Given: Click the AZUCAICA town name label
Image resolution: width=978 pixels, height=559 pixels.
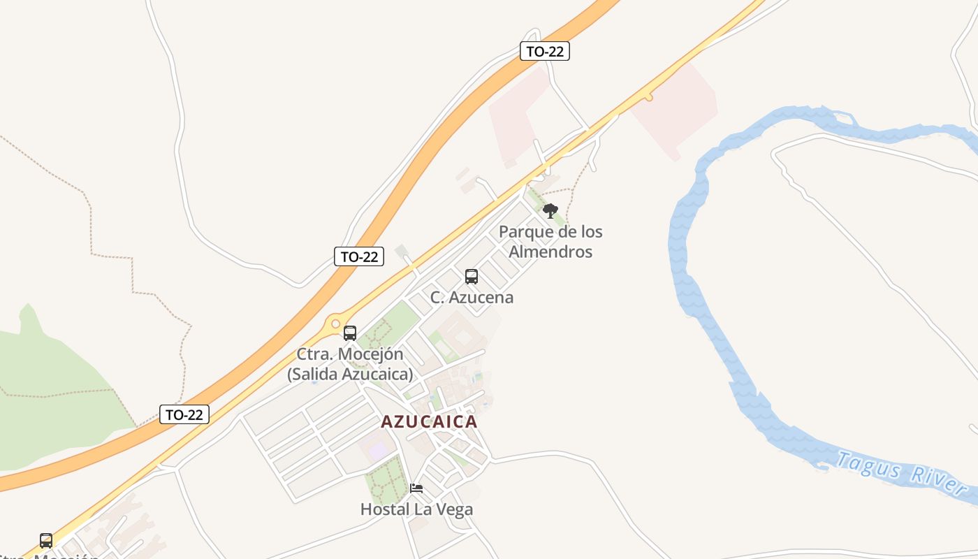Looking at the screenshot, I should click(429, 422).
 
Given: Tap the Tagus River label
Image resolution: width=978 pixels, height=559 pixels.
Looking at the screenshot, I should click(900, 474).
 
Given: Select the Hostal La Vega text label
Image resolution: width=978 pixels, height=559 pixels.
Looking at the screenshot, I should click(416, 509).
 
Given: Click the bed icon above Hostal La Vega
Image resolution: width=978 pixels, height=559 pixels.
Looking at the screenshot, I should click(416, 488).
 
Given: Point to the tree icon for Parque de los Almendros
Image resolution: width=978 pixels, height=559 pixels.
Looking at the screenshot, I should click(550, 210).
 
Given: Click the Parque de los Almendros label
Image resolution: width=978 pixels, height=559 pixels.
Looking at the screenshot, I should click(550, 241).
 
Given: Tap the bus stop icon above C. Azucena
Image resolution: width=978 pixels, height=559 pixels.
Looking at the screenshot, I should click(472, 276).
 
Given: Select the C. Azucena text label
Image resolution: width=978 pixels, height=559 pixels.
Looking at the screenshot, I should click(472, 297).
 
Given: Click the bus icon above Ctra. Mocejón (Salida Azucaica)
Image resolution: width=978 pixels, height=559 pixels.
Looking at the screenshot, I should click(350, 333).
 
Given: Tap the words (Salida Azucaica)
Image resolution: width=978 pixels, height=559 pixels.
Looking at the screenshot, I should click(350, 374).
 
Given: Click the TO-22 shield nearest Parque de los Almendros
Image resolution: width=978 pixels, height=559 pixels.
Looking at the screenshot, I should click(545, 51).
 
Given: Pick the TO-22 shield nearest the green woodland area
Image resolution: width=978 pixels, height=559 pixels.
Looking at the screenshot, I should click(184, 414).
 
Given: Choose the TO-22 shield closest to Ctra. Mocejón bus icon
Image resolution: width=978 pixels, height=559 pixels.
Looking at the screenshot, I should click(359, 256).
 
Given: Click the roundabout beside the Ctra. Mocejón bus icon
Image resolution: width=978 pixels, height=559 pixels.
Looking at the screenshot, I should click(335, 324).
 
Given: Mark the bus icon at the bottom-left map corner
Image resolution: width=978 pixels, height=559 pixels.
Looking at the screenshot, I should click(46, 540).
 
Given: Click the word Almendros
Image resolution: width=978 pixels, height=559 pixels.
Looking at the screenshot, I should click(550, 252).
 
